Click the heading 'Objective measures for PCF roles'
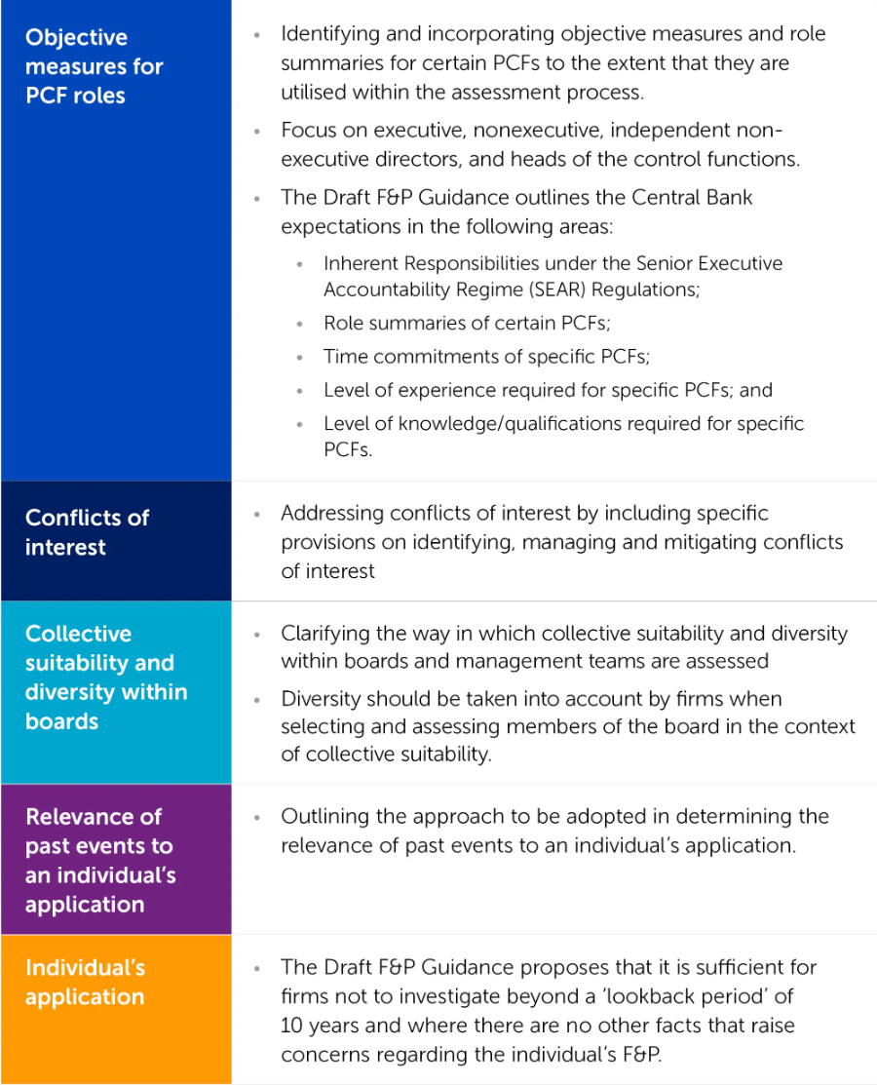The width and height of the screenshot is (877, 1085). pos(94,66)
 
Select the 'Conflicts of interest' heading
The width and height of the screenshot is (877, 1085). pos(87,532)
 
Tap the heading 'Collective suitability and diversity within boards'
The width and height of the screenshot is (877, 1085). pos(106,678)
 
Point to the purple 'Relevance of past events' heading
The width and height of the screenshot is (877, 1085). pos(100,860)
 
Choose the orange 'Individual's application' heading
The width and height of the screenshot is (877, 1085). pos(85,982)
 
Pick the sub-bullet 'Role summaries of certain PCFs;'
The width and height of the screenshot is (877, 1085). pos(467,324)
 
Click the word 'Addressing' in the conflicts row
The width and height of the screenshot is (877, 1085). pos(331,513)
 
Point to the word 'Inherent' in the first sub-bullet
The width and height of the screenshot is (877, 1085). pos(361,263)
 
